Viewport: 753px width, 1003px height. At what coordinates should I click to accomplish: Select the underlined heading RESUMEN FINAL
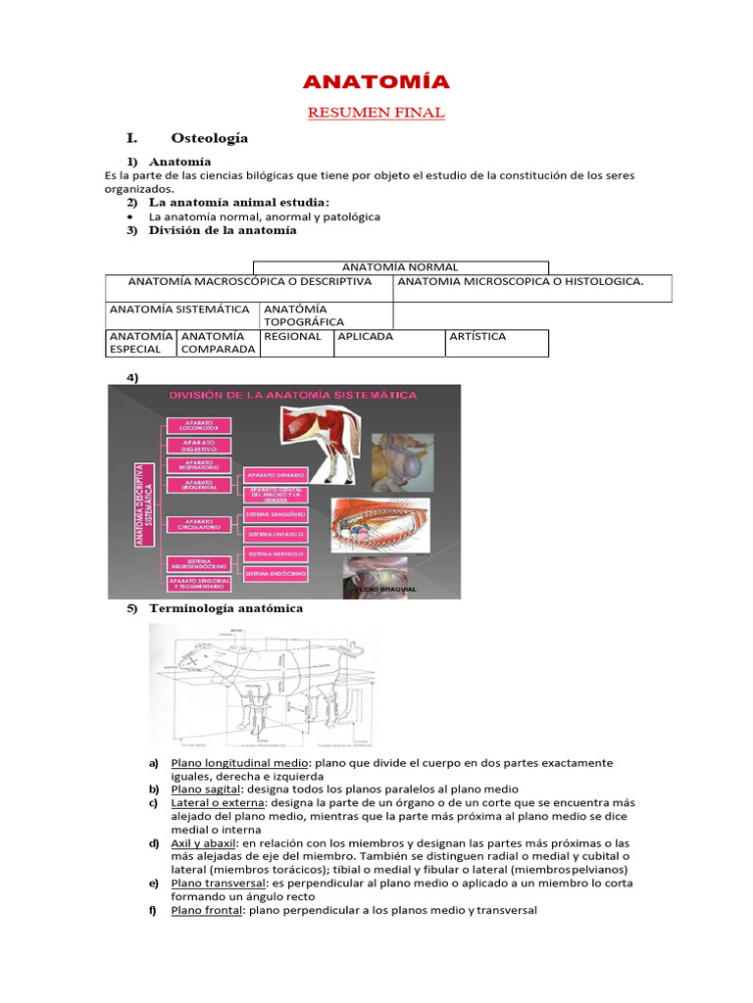(x=376, y=113)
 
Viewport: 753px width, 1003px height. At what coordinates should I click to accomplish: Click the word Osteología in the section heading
(x=209, y=138)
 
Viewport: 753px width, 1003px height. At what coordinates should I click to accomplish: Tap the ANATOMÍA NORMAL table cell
(x=400, y=267)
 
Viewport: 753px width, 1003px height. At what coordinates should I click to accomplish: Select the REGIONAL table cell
(x=292, y=337)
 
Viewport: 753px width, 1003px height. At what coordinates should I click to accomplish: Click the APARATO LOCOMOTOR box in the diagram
(x=198, y=426)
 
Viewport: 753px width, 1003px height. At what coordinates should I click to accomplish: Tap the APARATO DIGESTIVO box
(x=198, y=446)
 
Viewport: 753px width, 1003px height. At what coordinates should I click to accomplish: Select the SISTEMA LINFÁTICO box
(x=276, y=534)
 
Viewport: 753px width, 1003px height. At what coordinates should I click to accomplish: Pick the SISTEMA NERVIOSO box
(x=276, y=554)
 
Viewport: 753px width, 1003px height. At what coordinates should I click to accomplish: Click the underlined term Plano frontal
(x=207, y=910)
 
